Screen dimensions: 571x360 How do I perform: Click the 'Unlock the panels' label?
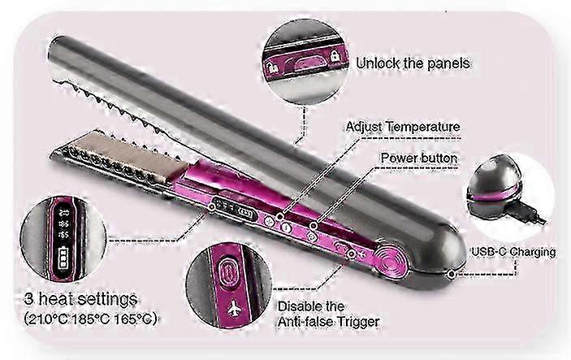click(x=413, y=63)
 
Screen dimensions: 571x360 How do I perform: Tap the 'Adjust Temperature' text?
click(x=403, y=127)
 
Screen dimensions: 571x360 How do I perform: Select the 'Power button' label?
click(x=419, y=158)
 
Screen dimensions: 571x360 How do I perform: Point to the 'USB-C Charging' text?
click(x=513, y=252)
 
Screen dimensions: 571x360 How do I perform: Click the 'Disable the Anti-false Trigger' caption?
click(x=328, y=314)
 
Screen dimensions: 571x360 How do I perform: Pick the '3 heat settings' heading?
click(x=80, y=299)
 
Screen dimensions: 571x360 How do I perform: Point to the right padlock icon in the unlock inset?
click(x=334, y=56)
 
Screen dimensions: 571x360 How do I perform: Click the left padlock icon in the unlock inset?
click(x=272, y=67)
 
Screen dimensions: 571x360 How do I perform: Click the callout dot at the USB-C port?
click(x=452, y=274)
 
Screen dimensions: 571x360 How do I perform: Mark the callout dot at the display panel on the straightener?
click(x=211, y=206)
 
